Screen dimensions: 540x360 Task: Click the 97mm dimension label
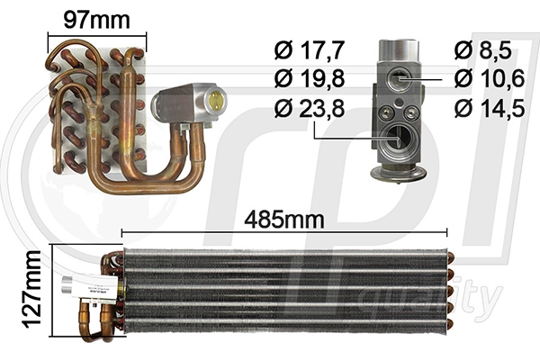click(x=97, y=21)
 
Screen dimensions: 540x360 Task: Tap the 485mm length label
click(x=284, y=220)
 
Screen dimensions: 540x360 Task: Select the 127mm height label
click(x=31, y=290)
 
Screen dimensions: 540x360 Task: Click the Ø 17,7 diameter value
click(x=310, y=50)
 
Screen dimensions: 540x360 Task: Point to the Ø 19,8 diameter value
click(x=310, y=78)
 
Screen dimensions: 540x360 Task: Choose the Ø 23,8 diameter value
click(x=310, y=108)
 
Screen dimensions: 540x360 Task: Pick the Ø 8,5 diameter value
click(x=482, y=50)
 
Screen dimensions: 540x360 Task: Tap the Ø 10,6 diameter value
click(x=490, y=78)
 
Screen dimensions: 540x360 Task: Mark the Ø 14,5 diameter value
click(x=490, y=108)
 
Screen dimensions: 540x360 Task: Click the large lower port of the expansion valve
click(x=399, y=139)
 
